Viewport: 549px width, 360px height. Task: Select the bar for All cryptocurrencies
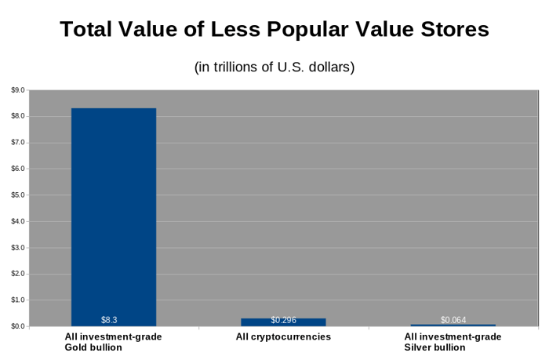(x=283, y=322)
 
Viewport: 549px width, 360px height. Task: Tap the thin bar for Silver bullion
(x=453, y=325)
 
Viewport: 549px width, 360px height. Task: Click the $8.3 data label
(x=109, y=320)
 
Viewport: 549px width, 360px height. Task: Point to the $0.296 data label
(x=283, y=320)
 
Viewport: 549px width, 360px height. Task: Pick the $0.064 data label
(x=453, y=320)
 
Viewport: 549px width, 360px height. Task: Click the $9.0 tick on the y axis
(x=17, y=90)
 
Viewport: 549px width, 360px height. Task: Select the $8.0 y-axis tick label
(x=17, y=116)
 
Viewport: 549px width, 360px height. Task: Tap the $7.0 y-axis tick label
(x=17, y=143)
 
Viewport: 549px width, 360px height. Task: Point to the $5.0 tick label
(x=17, y=195)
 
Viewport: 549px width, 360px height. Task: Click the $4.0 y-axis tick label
(x=17, y=221)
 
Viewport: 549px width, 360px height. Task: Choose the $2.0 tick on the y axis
(x=17, y=274)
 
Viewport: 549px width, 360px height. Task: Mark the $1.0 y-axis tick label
(x=17, y=300)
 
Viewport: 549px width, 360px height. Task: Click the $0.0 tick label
(x=17, y=326)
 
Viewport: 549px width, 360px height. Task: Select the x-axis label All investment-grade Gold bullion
(x=113, y=341)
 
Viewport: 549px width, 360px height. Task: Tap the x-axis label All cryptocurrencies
(x=283, y=336)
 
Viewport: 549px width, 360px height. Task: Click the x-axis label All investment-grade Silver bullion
(x=453, y=341)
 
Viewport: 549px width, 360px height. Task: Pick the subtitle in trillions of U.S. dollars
(x=274, y=67)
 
